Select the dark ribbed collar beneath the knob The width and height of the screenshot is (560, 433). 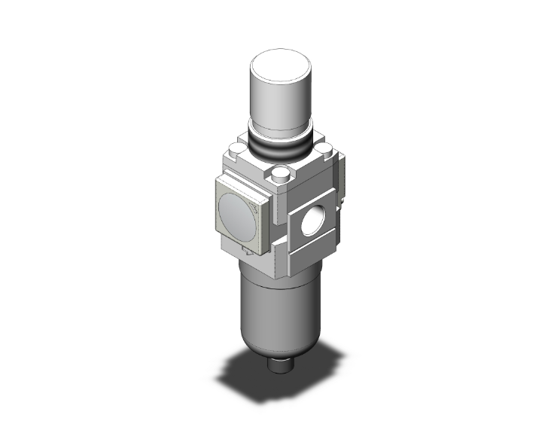click(280, 148)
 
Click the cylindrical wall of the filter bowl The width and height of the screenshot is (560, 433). click(278, 309)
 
